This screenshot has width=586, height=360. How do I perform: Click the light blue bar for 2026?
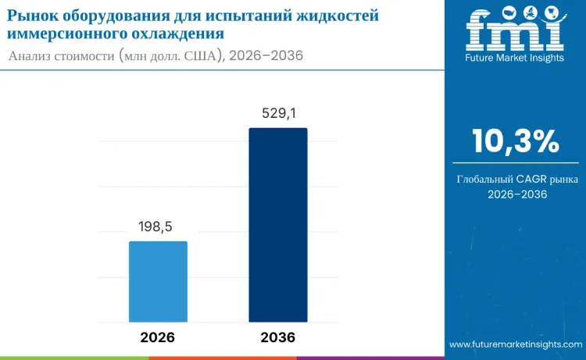[x=158, y=281]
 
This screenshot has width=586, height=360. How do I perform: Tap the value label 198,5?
[x=155, y=227]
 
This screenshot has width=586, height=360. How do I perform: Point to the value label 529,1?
[x=278, y=114]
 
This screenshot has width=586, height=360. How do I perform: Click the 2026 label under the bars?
[x=158, y=337]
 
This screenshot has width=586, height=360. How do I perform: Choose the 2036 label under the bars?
[x=278, y=337]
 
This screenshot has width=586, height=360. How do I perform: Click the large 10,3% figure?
[x=515, y=141]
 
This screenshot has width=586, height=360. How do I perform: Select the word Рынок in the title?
[x=32, y=16]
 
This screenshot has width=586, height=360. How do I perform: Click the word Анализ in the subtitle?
[x=33, y=56]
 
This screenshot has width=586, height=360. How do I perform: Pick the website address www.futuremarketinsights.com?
[x=516, y=344]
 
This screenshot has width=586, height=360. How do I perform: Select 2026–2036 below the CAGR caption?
[x=516, y=194]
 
